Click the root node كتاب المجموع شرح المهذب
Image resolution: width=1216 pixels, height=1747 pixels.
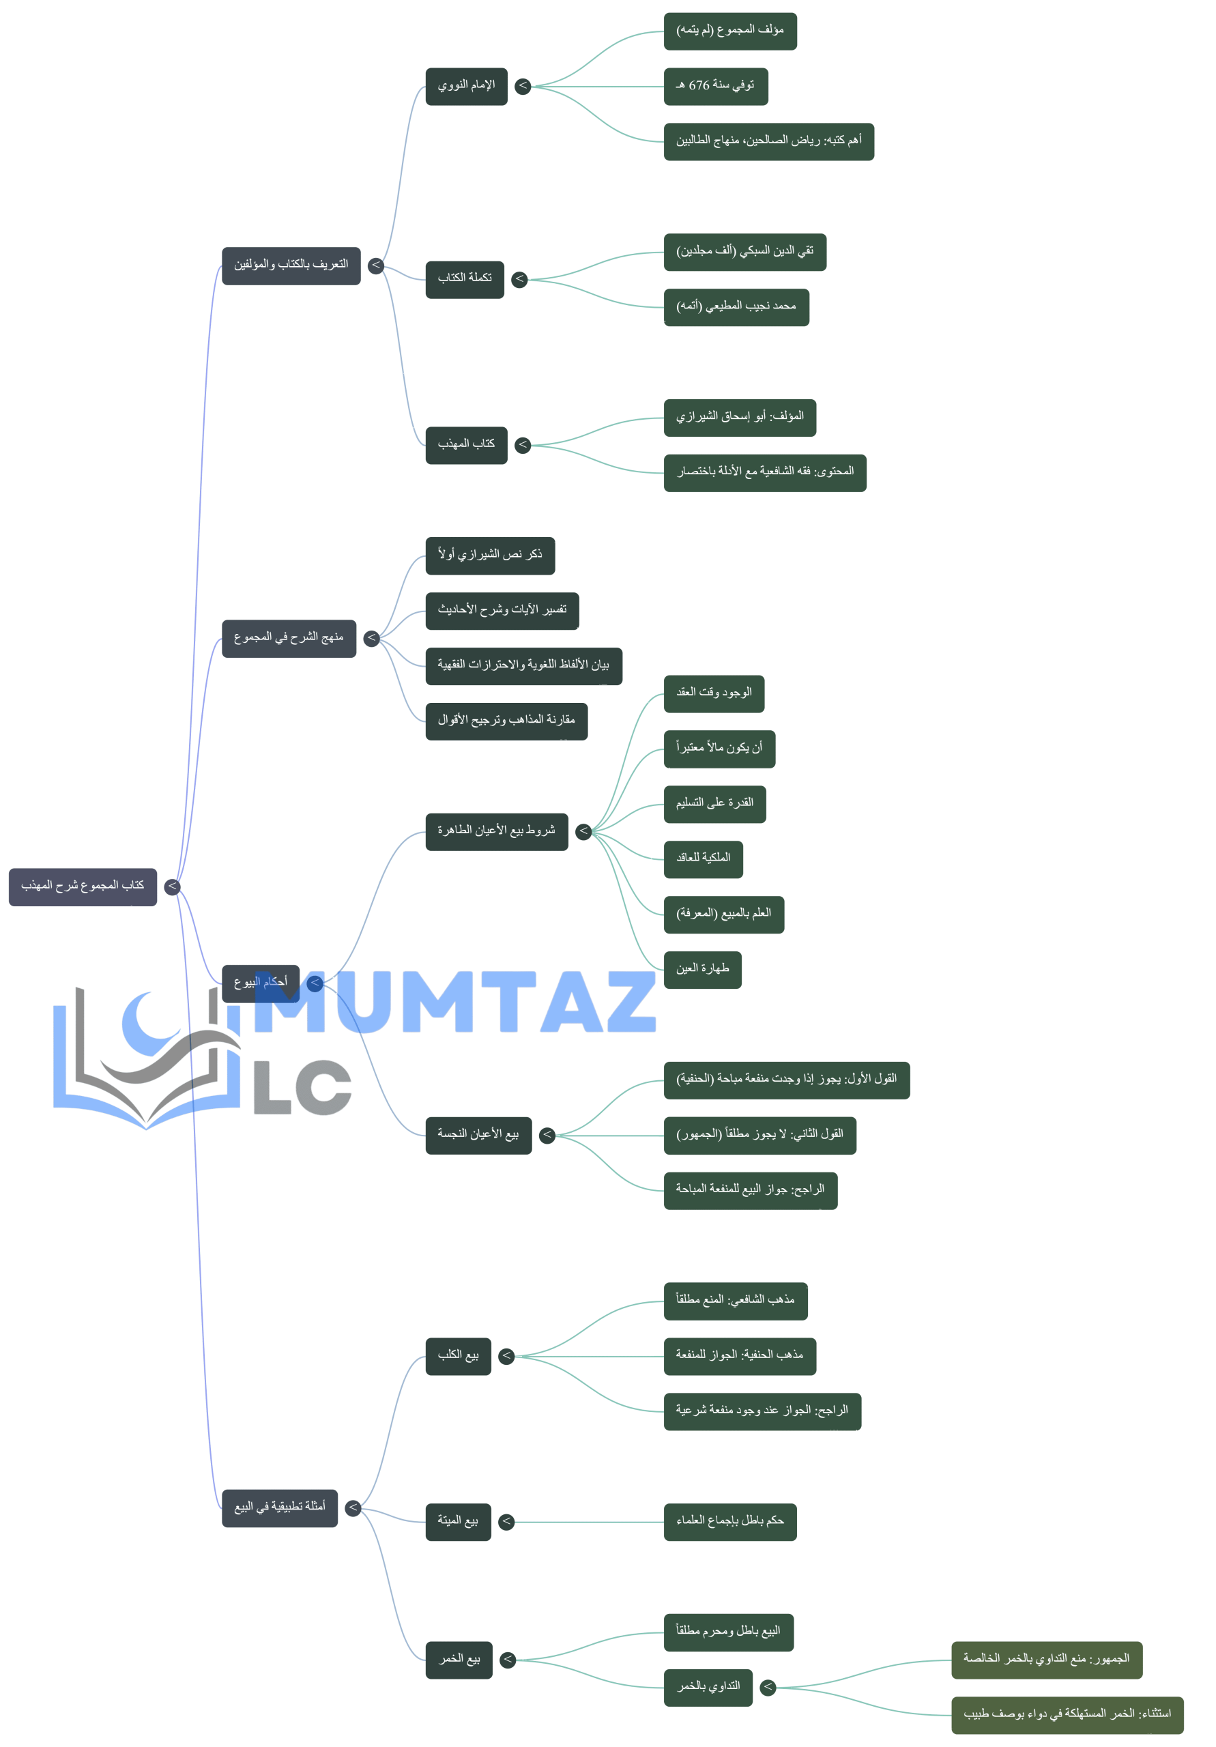82,886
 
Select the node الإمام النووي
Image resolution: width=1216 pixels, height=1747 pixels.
465,86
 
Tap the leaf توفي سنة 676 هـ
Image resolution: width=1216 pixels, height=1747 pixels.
714,86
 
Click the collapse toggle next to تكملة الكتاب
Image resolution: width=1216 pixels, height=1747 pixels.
520,279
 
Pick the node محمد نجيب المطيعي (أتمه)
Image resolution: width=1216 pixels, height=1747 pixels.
735,306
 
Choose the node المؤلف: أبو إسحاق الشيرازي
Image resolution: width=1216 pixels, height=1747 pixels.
739,417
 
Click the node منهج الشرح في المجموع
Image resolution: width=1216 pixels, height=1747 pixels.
289,637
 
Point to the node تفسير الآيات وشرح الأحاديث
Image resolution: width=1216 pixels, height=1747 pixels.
502,610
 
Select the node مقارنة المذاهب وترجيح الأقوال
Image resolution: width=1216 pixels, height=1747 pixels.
506,721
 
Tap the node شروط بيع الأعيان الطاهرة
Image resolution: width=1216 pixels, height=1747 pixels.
496,831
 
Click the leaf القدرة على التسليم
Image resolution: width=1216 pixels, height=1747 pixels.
714,803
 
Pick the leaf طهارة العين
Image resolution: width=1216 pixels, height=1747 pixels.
701,969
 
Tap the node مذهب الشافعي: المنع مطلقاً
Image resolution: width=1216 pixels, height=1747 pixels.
734,1301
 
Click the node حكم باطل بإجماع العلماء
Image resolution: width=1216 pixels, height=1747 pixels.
729,1522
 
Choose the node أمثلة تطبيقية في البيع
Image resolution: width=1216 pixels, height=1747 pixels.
279,1508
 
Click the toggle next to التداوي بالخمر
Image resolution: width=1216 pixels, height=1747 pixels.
768,1688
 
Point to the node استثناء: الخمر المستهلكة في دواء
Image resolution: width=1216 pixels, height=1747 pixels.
1066,1715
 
